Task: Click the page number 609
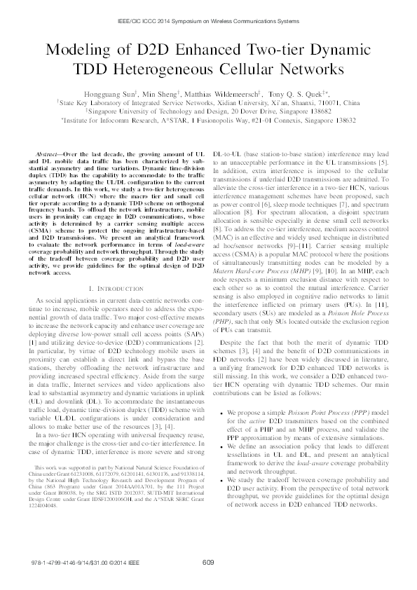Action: coord(208,561)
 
